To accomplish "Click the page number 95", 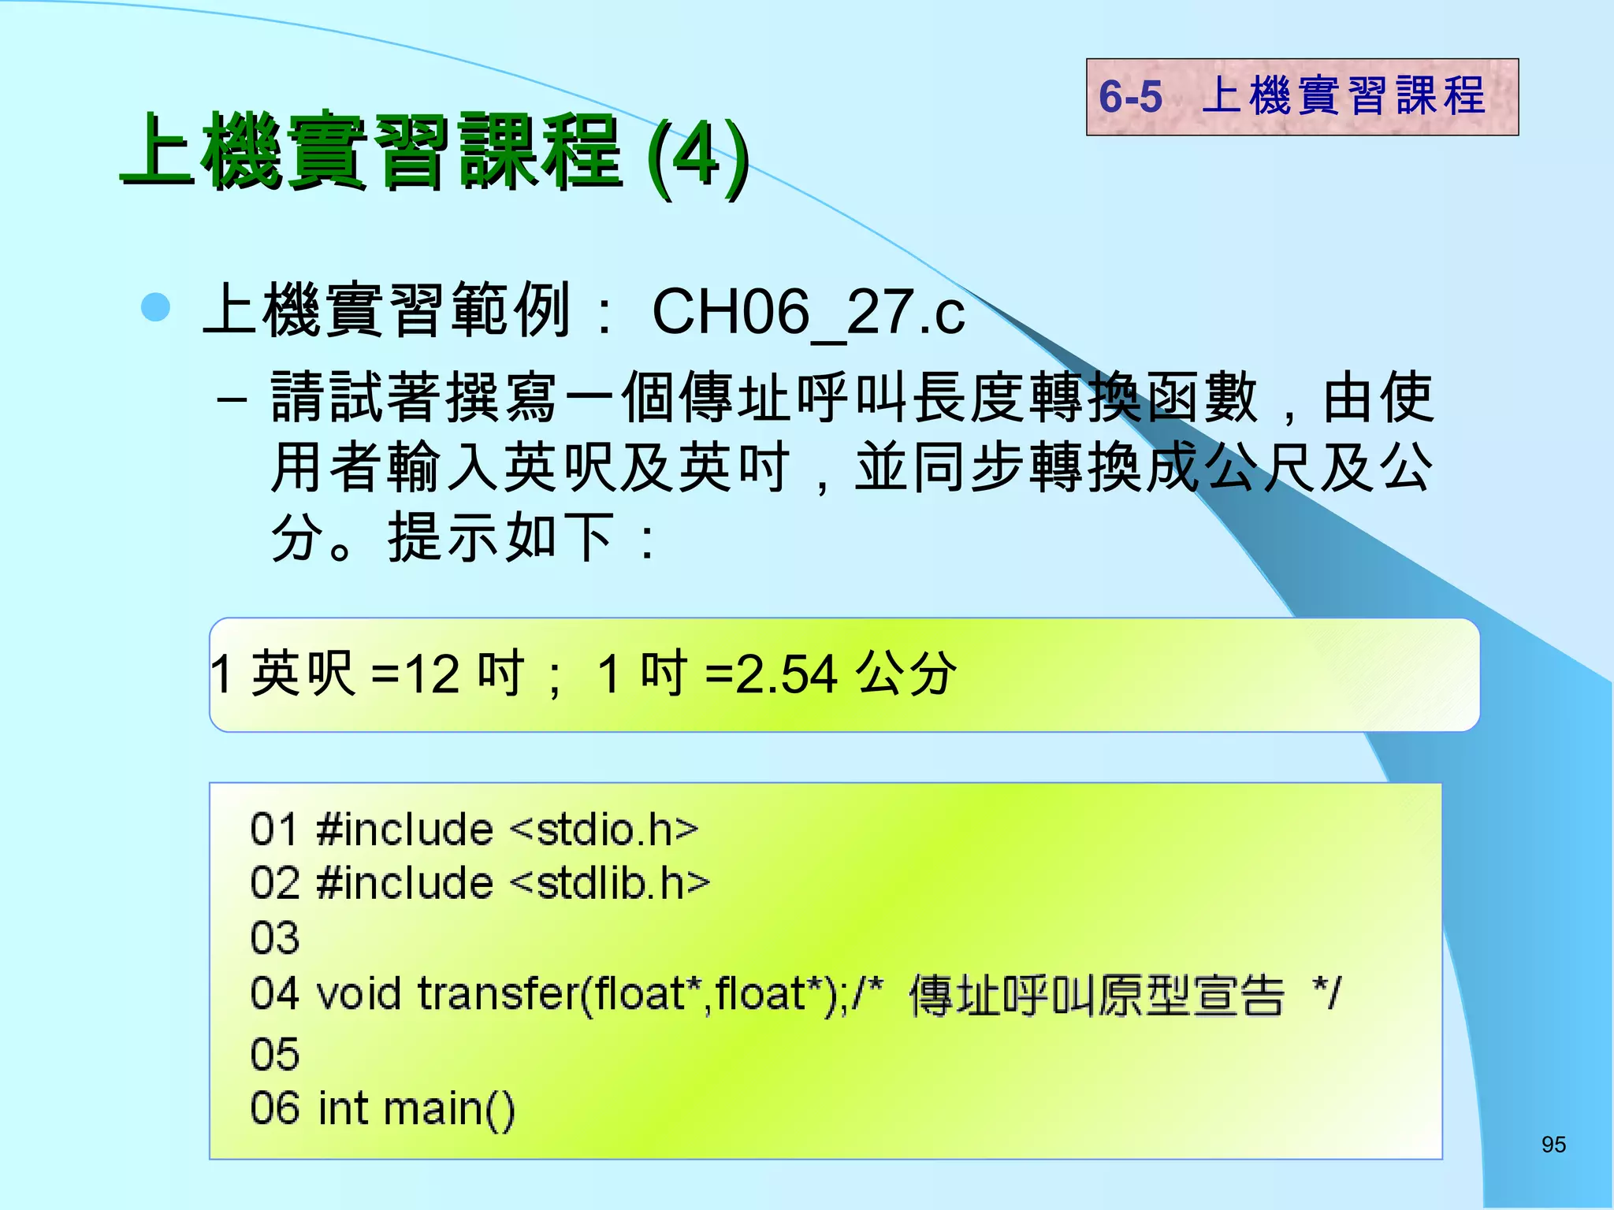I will tap(1553, 1145).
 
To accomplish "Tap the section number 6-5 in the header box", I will tap(1130, 97).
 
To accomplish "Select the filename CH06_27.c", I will tap(808, 312).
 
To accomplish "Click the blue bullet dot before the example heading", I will tap(155, 307).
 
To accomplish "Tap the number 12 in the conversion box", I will tap(432, 675).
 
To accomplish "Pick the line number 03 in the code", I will tap(275, 938).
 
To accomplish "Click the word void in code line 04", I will tap(359, 993).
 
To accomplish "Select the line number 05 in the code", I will tap(275, 1054).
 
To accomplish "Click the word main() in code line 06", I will tap(449, 1109).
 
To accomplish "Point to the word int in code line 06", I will tap(343, 1108).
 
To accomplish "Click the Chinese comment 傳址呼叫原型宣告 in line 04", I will tap(1096, 995).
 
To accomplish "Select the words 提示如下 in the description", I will tap(500, 538).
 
